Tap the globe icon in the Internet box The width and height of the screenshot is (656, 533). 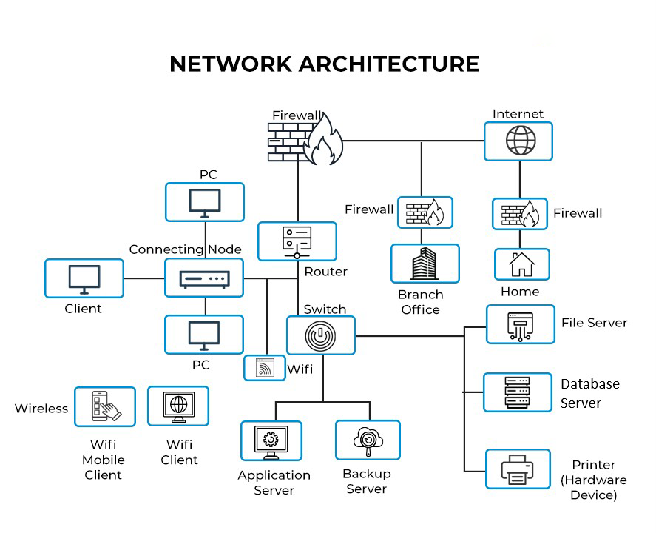point(518,141)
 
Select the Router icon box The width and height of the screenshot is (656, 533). point(297,241)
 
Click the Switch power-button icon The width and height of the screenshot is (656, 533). point(321,335)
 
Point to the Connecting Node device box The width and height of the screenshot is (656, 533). point(204,278)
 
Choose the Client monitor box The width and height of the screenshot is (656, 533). point(84,278)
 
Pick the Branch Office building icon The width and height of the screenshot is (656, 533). point(425,264)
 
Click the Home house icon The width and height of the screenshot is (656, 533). point(521,264)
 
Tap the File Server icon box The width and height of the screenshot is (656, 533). point(520,324)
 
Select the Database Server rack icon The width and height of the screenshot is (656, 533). point(517,392)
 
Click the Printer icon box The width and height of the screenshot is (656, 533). point(518,469)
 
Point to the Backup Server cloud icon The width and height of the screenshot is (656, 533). point(368,440)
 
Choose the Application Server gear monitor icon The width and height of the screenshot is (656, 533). point(271,440)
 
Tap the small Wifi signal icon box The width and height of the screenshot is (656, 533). point(265,368)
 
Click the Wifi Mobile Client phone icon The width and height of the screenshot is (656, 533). point(105,406)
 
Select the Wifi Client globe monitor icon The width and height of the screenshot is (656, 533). point(178,406)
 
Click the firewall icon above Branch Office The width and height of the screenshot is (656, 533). point(425,212)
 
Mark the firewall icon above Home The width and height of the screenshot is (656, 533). point(520,213)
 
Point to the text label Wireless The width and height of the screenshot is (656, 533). point(41,408)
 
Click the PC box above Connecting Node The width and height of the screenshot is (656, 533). point(204,202)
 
